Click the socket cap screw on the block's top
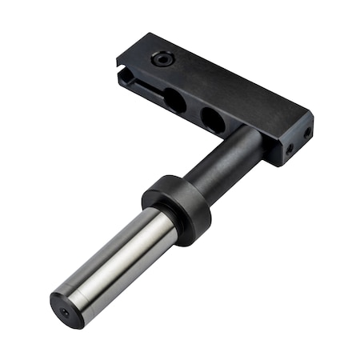point(162,59)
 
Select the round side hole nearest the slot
point(174,100)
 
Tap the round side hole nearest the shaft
point(212,120)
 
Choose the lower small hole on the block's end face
point(290,149)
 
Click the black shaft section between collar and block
point(228,164)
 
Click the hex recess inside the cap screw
point(162,59)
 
